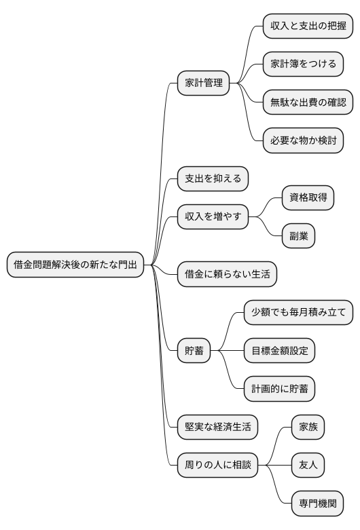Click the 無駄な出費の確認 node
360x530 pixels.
click(308, 103)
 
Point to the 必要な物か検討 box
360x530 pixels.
click(303, 141)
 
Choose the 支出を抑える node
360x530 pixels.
click(213, 179)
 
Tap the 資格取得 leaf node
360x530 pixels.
click(308, 198)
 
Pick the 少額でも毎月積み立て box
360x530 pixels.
click(298, 313)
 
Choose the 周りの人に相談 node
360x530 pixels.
click(217, 466)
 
